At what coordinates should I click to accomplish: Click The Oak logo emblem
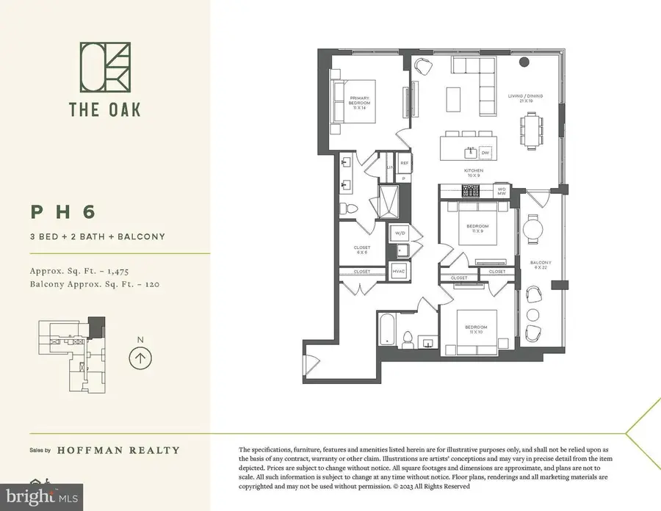pos(104,68)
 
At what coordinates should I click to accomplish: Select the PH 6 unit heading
pos(63,211)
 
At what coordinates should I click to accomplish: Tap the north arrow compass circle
pos(139,358)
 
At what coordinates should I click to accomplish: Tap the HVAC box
pos(400,271)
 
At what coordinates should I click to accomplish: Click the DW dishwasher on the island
pos(485,153)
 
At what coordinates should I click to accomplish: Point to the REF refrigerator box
pos(404,164)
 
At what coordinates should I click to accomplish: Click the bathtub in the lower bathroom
pos(386,330)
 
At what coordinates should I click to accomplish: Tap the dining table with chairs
pos(535,132)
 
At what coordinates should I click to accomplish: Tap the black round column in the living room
pos(524,62)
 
